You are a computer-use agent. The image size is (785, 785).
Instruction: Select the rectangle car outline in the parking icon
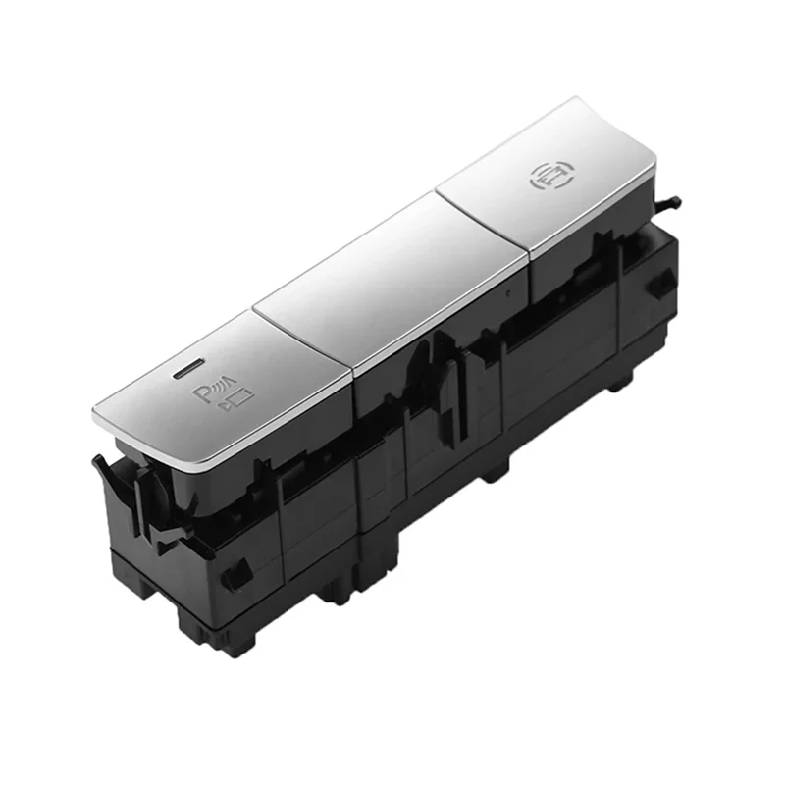click(242, 397)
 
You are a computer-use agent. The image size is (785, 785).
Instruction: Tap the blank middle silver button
click(391, 281)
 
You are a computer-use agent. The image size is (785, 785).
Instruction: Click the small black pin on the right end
click(668, 203)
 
